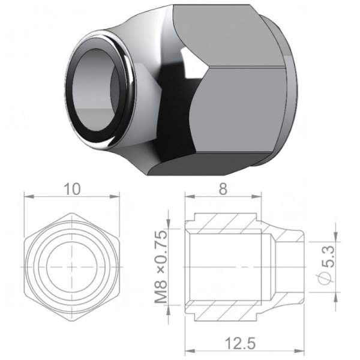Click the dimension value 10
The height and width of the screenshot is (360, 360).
(72, 189)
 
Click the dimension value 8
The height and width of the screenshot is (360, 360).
(223, 189)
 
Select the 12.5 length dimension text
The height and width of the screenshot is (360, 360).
(240, 343)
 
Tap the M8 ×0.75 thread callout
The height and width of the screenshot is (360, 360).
(161, 267)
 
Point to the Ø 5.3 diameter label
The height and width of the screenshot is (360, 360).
(327, 265)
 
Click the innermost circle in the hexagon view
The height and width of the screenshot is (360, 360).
(72, 267)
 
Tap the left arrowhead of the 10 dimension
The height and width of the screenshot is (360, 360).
(29, 197)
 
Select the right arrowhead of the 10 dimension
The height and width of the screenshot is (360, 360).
(115, 197)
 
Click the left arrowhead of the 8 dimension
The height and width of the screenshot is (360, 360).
(190, 197)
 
